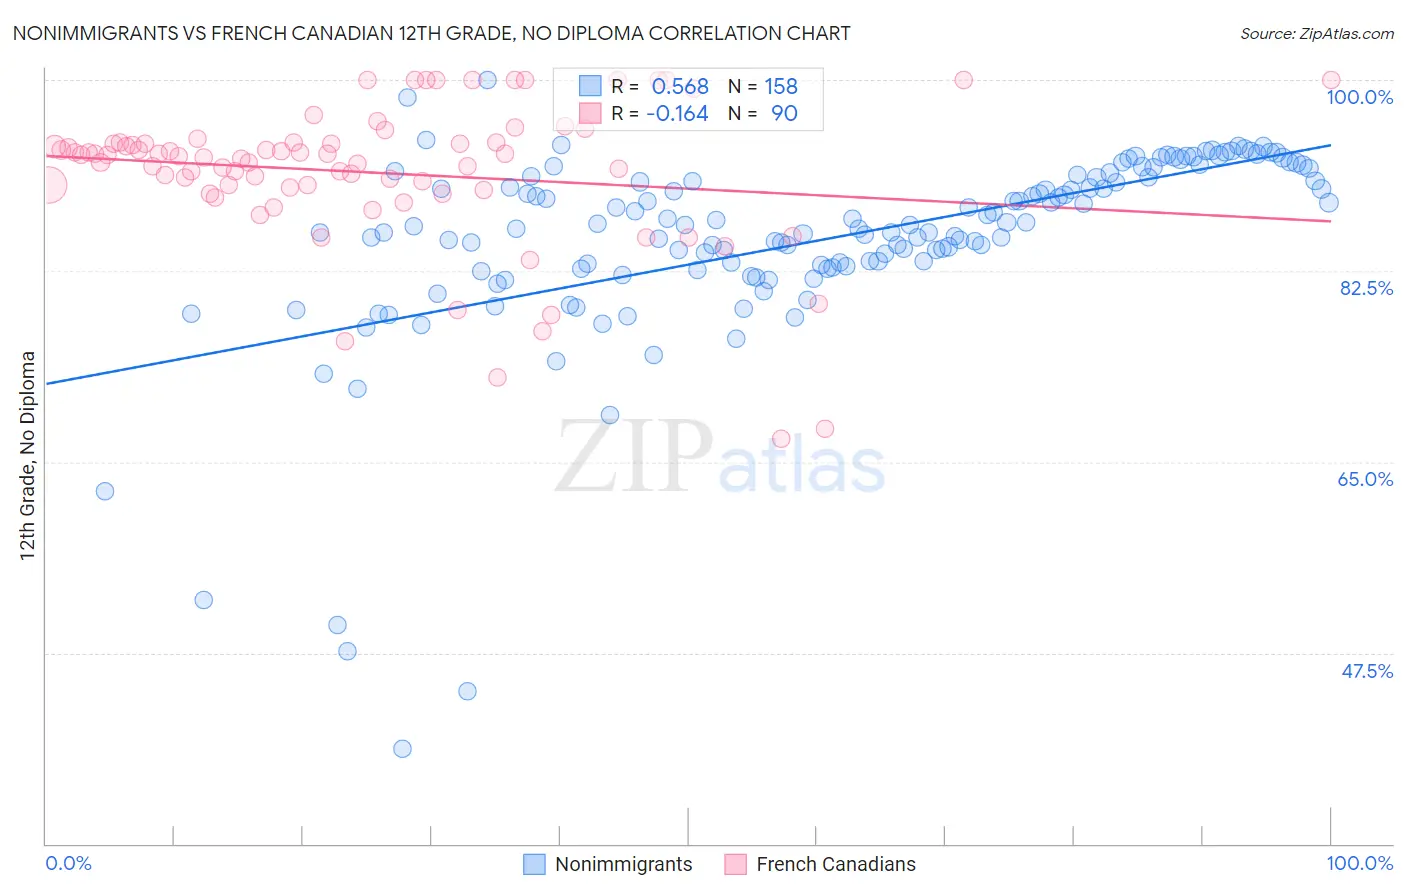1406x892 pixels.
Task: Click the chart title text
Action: pos(431,33)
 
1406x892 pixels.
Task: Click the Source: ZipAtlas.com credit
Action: pos(1316,34)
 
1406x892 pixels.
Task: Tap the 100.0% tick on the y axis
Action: pos(1359,97)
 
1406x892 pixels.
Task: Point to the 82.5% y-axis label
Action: pos(1366,288)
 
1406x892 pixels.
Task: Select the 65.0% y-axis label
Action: pos(1365,479)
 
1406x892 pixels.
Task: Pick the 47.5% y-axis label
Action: pos(1366,671)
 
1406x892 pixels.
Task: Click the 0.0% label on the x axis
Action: pos(68,863)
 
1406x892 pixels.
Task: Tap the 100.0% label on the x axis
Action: pos(1359,863)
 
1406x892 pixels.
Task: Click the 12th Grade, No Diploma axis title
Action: pos(28,455)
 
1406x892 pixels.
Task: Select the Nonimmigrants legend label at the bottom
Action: pos(623,864)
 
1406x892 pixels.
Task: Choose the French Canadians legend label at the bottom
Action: pos(836,864)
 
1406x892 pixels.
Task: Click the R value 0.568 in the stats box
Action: pos(680,87)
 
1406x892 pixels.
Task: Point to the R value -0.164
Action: pos(677,114)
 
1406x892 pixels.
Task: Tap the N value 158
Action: pos(781,87)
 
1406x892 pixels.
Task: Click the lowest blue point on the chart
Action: pos(402,749)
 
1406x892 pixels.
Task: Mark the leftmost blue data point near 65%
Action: pos(105,491)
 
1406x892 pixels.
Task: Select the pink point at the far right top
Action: pos(1331,80)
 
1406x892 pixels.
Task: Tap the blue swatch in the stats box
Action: pos(590,86)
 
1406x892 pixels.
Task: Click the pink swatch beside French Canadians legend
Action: pos(735,864)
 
